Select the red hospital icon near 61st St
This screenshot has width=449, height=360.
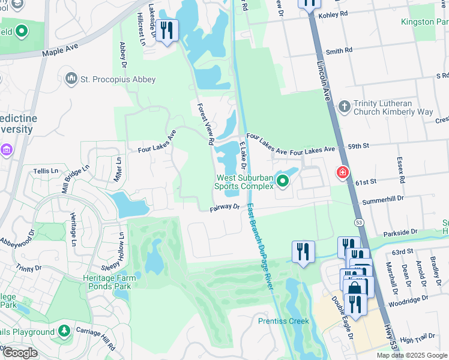[343, 173]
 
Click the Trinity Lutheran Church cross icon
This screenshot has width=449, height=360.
[344, 107]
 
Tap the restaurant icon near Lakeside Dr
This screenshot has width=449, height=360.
[167, 30]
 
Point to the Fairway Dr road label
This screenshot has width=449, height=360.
[224, 208]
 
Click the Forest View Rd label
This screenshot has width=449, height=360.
[205, 124]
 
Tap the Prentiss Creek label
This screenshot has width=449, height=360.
[283, 321]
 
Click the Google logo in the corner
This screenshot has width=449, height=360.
[20, 353]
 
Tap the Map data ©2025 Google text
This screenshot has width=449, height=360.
[412, 355]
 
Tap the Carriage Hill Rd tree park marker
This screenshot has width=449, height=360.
[64, 331]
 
